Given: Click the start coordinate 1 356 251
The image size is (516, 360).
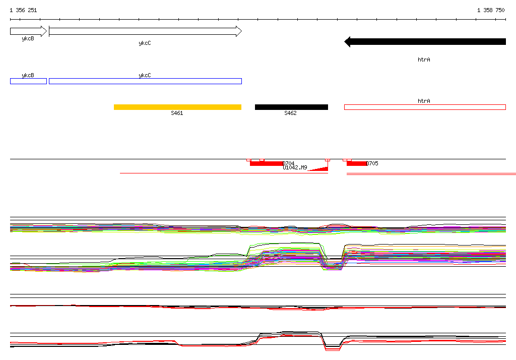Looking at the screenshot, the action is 23,10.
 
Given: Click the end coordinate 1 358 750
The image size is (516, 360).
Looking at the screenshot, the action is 491,10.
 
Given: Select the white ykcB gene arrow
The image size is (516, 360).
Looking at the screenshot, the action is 29,31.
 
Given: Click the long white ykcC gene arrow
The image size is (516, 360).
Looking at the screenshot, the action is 145,31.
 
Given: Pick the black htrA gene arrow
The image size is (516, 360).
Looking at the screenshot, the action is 425,41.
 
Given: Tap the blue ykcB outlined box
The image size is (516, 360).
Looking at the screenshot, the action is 28,81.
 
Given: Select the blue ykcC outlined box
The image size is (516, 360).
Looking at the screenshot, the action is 145,81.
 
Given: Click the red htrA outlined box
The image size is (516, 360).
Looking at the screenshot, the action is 425,107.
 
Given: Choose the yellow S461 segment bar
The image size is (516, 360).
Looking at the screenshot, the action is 177,107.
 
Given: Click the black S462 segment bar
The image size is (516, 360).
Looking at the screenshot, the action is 291,107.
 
